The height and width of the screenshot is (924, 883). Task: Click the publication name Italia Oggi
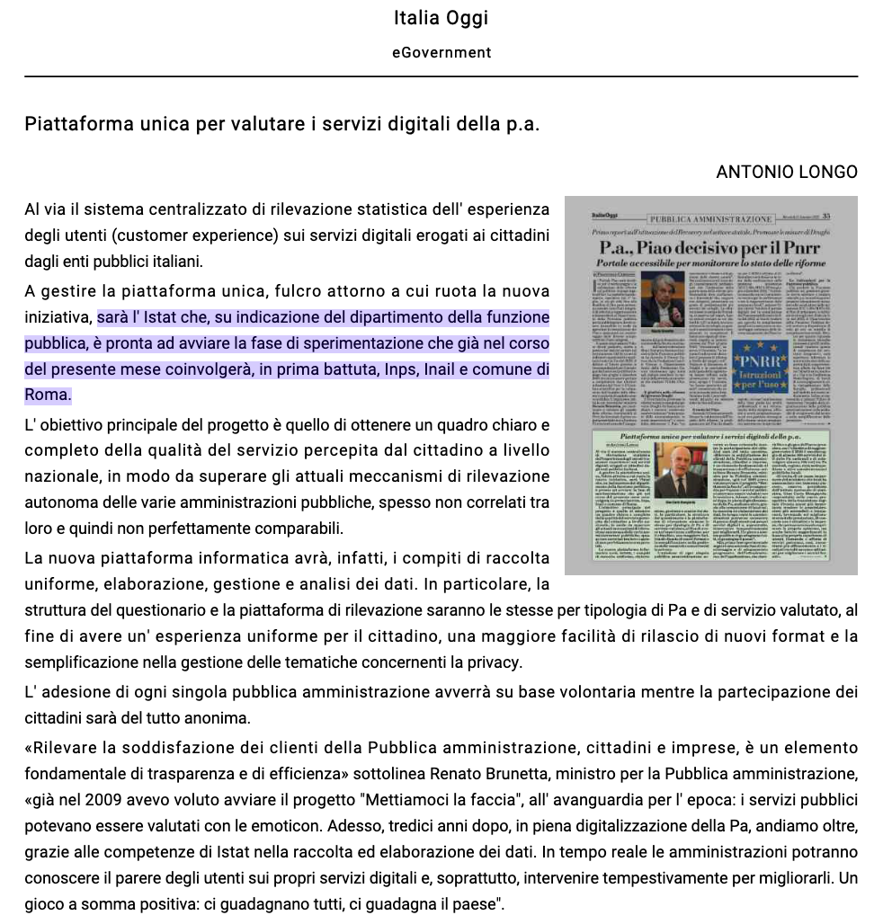click(x=441, y=18)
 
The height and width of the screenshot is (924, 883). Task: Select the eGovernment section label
click(x=441, y=52)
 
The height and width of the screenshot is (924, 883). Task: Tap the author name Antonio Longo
click(x=787, y=172)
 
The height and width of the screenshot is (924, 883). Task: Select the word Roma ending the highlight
click(x=46, y=395)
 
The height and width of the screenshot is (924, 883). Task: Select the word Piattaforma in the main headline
click(x=78, y=123)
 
